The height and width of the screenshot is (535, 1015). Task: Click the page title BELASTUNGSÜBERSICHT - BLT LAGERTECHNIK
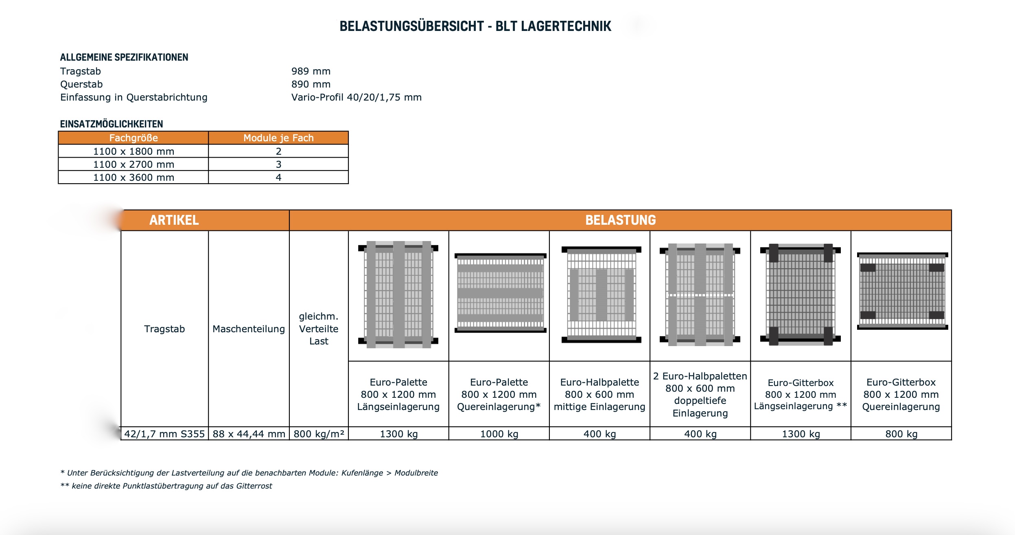475,26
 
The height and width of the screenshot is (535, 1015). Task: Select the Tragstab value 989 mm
311,71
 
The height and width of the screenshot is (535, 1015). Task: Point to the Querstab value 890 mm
311,84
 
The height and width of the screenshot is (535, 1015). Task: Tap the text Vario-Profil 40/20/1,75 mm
356,97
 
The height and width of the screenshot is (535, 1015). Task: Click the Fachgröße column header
133,138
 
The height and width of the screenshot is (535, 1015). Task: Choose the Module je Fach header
278,138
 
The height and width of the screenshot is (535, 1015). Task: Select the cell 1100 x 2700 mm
133,164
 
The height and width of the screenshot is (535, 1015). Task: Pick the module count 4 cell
278,178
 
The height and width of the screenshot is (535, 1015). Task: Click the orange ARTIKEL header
174,220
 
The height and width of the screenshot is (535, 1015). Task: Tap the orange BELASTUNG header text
620,220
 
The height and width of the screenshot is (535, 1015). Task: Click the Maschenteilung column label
249,329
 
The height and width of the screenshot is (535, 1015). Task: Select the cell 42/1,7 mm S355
164,434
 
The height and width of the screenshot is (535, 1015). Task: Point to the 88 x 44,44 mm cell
249,434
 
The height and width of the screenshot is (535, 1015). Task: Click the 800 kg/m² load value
319,434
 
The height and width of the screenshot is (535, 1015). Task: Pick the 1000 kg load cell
499,434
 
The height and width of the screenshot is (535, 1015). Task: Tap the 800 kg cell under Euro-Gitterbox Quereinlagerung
901,434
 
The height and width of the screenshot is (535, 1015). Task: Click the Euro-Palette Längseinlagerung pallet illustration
398,295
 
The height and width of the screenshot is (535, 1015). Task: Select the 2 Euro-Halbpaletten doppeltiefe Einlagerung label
700,395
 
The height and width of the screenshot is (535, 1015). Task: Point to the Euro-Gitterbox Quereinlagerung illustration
902,291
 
